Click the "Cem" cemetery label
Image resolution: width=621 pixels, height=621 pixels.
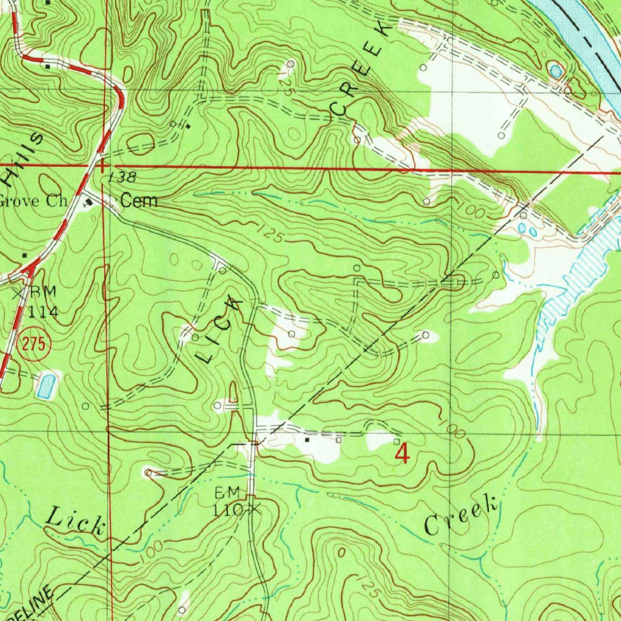point(139,201)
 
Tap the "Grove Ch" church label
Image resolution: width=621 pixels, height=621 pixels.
point(33,201)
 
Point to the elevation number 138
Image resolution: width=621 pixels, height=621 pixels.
point(123,178)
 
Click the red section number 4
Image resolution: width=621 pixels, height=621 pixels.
point(401,453)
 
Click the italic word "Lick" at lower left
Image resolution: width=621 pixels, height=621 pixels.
point(75,522)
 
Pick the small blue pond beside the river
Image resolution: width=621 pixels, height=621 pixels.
point(556,71)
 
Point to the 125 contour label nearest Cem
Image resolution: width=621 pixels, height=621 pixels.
point(269,235)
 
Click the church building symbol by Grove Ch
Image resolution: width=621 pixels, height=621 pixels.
point(90,202)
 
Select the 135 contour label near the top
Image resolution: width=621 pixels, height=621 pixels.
point(287,85)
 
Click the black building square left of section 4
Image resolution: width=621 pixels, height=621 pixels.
point(308,439)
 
